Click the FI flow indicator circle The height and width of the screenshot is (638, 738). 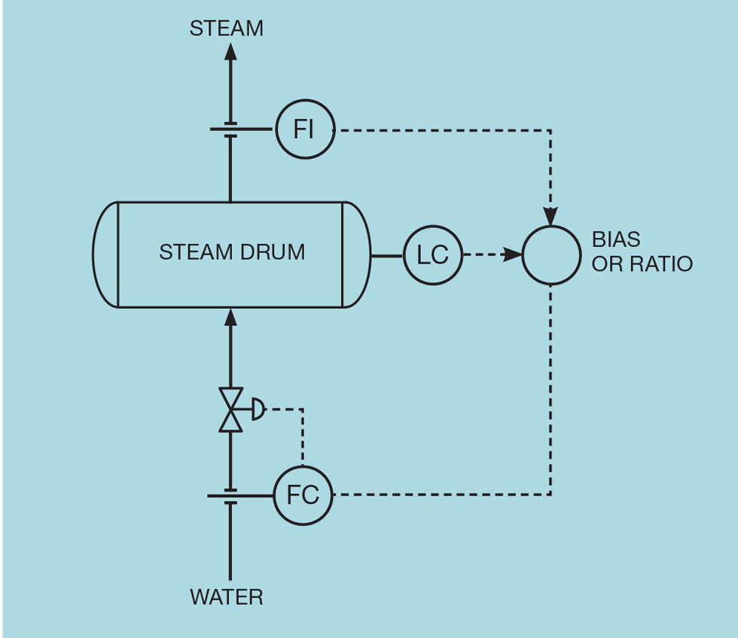pos(303,130)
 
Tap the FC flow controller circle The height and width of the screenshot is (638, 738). pos(303,495)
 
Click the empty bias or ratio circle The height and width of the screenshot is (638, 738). pos(551,255)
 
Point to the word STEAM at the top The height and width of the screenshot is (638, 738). pos(226,29)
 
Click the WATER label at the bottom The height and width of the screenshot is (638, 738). pos(227,597)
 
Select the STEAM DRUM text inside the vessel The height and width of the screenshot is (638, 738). pos(232,252)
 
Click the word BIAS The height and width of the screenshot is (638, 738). pos(616,240)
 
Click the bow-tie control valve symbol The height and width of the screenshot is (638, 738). pos(230,410)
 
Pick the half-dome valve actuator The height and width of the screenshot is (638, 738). pos(258,410)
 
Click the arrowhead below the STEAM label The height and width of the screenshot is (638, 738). pos(230,51)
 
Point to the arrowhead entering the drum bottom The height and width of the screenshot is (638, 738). pos(230,316)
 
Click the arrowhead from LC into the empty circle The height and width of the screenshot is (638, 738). pos(514,255)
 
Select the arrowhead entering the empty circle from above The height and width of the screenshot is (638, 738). pos(551,216)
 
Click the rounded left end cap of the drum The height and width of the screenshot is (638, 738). pos(105,255)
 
